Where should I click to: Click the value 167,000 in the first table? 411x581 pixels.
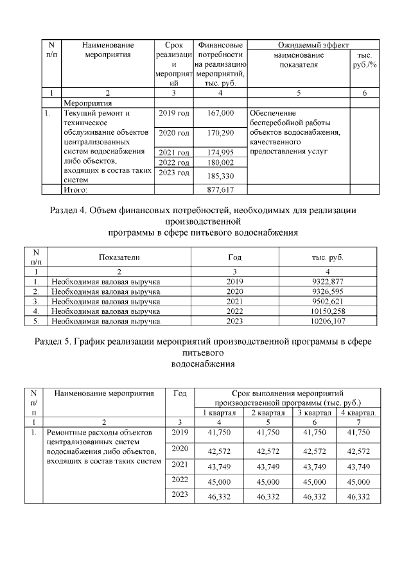221,114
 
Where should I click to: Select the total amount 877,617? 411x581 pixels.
221,190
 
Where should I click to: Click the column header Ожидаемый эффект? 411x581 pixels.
313,46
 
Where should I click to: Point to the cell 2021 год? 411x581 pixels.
173,152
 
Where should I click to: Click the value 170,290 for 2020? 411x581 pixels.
221,133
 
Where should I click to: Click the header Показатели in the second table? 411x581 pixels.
119,257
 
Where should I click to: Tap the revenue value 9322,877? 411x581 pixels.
327,281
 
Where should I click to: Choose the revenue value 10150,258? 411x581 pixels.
327,311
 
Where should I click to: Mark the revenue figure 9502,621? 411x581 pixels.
327,301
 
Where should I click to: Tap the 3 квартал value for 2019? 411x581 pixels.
313,434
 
